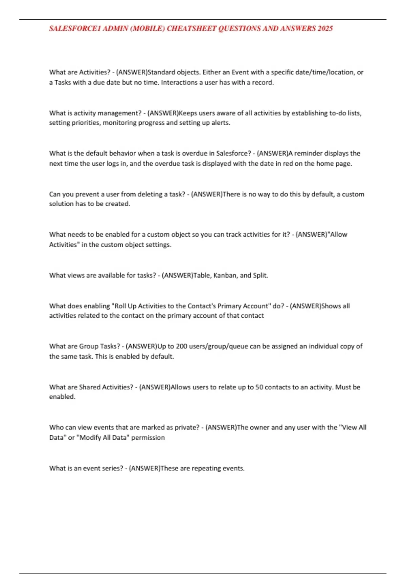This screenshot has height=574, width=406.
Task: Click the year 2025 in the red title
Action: (x=325, y=28)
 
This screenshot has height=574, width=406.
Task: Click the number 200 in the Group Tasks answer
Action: (x=182, y=346)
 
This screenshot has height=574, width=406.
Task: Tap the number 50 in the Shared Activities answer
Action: (x=259, y=387)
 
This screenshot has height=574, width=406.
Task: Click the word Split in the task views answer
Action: (x=260, y=275)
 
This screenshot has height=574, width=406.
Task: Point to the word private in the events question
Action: (x=185, y=427)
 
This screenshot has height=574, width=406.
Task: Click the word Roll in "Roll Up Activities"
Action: (x=120, y=306)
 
